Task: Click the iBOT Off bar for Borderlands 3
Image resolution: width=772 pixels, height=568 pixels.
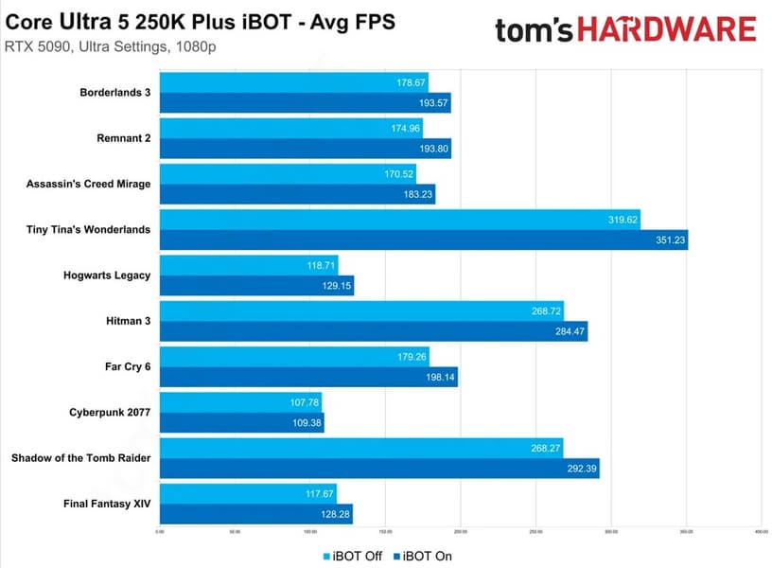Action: [293, 82]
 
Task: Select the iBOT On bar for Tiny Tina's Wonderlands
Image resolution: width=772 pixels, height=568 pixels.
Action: [423, 240]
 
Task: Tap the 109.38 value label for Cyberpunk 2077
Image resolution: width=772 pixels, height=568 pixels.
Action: [305, 423]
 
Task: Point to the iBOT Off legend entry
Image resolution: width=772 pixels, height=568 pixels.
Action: [353, 556]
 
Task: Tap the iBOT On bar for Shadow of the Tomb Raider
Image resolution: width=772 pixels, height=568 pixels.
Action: [379, 468]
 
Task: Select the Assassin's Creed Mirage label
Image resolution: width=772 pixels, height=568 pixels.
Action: [88, 184]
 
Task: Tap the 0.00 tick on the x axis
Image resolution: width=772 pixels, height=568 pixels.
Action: [160, 531]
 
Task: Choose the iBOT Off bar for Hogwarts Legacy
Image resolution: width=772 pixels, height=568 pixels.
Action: [249, 264]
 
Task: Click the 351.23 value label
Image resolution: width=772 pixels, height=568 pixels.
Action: [668, 240]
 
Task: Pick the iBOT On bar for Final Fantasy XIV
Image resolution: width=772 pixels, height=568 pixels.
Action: [255, 513]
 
